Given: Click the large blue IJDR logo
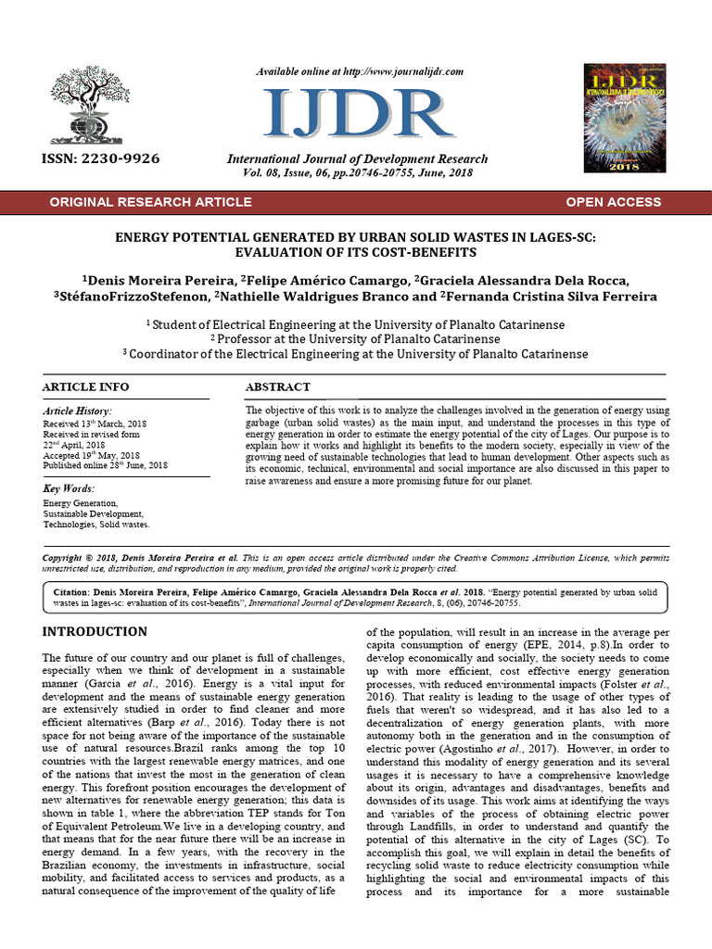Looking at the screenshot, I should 357,116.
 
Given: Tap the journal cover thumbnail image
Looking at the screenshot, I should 624,118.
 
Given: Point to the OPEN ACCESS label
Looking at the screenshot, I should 613,201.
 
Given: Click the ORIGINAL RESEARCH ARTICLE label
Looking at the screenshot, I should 150,201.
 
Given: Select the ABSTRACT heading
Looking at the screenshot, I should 277,386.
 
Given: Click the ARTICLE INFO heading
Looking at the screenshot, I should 86,386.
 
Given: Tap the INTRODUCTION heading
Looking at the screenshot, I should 95,631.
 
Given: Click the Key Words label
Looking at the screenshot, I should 69,487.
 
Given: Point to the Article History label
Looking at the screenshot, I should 78,411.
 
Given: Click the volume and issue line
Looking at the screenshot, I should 357,172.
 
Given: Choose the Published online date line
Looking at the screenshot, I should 105,465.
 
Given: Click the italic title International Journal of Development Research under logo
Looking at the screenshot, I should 357,159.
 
